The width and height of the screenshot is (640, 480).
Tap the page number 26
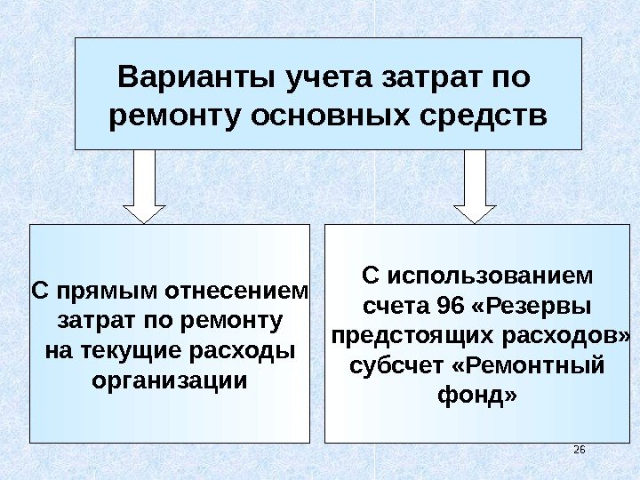579,450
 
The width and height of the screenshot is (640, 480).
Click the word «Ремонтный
530,366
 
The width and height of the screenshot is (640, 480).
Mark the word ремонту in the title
175,117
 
